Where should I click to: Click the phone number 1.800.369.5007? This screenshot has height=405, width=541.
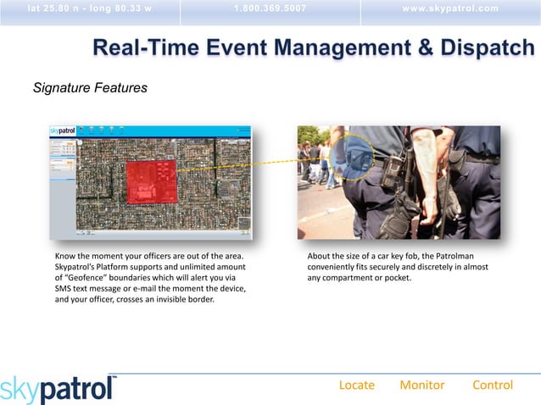tap(270, 9)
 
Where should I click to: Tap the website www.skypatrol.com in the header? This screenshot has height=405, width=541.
tap(451, 9)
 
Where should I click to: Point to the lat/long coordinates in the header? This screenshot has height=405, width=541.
tap(90, 9)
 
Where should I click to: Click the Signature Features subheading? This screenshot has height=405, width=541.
tap(90, 87)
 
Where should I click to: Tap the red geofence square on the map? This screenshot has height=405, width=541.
tap(150, 183)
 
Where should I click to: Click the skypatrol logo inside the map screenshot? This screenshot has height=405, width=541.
tap(63, 131)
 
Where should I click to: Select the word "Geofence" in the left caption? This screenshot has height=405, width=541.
tap(86, 277)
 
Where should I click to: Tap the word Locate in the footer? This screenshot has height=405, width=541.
tap(356, 385)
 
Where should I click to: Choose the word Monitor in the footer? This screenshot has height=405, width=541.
tap(421, 385)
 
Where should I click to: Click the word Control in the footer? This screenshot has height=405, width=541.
tap(492, 385)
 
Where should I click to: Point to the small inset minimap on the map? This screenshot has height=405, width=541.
tap(244, 225)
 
